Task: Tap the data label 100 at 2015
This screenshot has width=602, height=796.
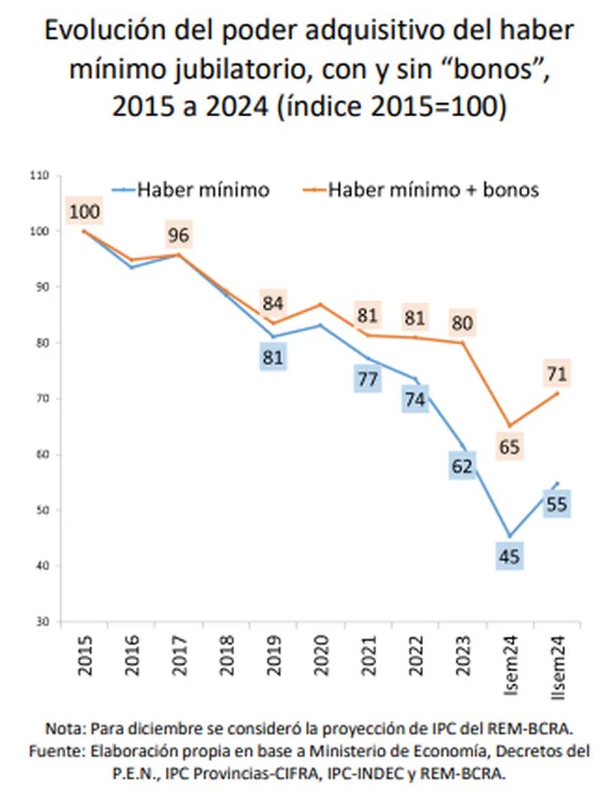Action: [x=85, y=213]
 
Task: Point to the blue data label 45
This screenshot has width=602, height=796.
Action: [x=509, y=556]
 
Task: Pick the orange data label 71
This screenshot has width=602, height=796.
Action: [x=557, y=374]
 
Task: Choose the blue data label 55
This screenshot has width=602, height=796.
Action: [x=557, y=504]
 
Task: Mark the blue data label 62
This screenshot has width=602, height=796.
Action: [x=462, y=466]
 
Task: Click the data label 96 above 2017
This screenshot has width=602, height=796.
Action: [x=179, y=236]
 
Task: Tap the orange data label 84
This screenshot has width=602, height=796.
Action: [x=273, y=302]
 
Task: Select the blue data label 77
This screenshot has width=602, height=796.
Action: [x=368, y=380]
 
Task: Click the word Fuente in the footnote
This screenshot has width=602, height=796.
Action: [x=51, y=751]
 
